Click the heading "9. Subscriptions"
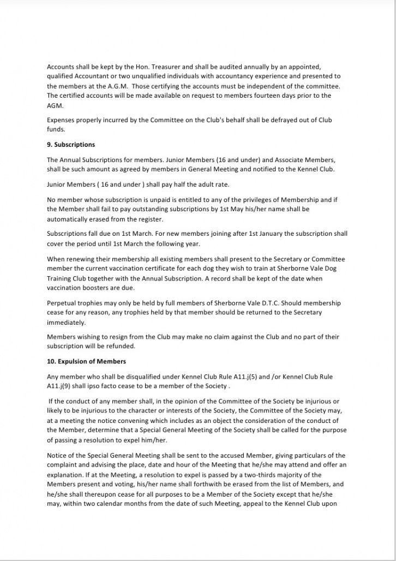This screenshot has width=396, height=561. [x=71, y=145]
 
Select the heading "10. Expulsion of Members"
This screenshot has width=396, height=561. [x=86, y=362]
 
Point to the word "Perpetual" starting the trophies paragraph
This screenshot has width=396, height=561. [x=62, y=303]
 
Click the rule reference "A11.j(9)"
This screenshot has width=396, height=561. [x=61, y=386]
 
